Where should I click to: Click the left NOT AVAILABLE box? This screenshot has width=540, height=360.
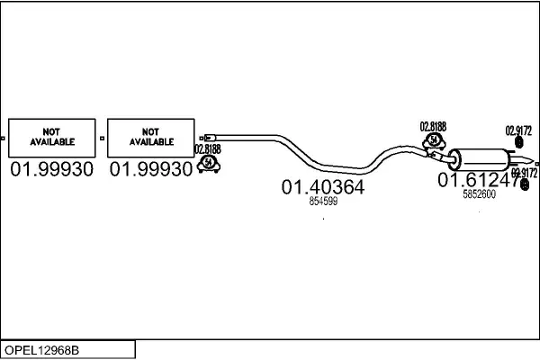click(51, 137)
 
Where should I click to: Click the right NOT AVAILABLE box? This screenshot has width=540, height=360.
click(150, 137)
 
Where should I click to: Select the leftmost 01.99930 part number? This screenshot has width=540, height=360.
click(51, 169)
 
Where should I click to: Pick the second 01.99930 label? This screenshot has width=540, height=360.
click(150, 169)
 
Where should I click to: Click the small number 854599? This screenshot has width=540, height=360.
click(322, 202)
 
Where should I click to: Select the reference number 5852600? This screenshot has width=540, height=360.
click(478, 193)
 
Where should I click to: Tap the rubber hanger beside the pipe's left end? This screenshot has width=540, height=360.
click(209, 164)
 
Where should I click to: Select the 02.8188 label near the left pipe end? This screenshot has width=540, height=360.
click(207, 149)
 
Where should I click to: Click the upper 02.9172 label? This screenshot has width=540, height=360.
click(519, 129)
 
